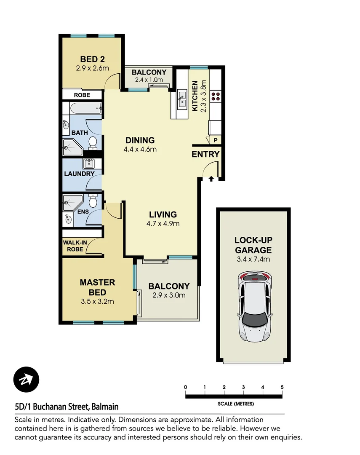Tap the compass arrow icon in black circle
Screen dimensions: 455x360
pyautogui.click(x=26, y=380)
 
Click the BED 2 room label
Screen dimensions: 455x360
pyautogui.click(x=92, y=59)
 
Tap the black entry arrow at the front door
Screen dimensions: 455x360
pyautogui.click(x=211, y=179)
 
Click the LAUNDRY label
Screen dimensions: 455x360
pyautogui.click(x=79, y=174)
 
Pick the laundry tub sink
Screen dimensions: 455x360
pyautogui.click(x=89, y=163)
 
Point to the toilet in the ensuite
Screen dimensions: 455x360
pyautogui.click(x=93, y=202)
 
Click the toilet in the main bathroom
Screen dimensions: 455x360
pyautogui.click(x=93, y=142)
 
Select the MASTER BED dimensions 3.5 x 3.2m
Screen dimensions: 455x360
pyautogui.click(x=97, y=301)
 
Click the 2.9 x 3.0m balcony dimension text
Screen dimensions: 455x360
pyautogui.click(x=169, y=295)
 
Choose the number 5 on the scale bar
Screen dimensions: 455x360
pyautogui.click(x=282, y=387)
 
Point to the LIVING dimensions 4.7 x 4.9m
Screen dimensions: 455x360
pyautogui.click(x=163, y=224)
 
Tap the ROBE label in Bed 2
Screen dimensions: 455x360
pyautogui.click(x=82, y=95)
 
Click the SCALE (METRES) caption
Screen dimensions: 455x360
pyautogui.click(x=235, y=404)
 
